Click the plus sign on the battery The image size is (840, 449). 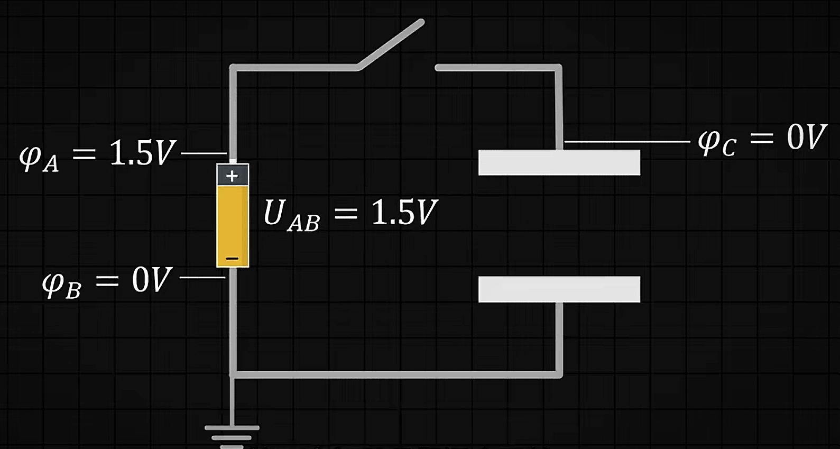click(x=232, y=176)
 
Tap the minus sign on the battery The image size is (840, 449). click(x=232, y=259)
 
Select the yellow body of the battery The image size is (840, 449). click(x=232, y=222)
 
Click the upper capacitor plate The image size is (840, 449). click(x=559, y=162)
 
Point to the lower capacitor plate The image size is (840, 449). click(x=559, y=289)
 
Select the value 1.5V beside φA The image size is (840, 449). click(x=142, y=153)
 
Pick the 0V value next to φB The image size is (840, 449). click(x=152, y=280)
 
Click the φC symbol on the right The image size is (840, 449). click(x=717, y=141)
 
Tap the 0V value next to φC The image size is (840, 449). click(x=806, y=138)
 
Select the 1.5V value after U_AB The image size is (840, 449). click(x=404, y=213)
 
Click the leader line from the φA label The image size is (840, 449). click(x=204, y=153)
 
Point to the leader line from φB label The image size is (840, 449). click(x=202, y=277)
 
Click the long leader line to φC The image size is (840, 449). click(x=627, y=142)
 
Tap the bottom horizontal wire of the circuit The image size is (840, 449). click(x=396, y=374)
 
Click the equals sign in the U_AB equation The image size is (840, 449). click(x=346, y=214)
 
